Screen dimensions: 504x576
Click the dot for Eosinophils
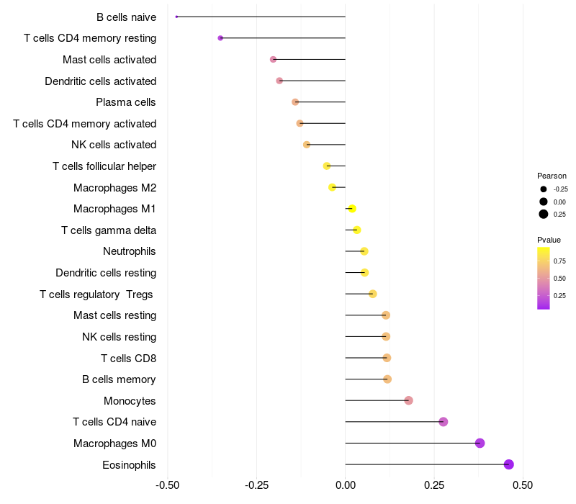[509, 464]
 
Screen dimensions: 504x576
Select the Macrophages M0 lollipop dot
[480, 443]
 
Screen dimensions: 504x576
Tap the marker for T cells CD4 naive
[444, 422]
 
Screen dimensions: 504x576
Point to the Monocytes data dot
[409, 400]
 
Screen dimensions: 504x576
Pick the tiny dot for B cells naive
[176, 17]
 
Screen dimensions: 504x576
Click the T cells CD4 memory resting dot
[220, 38]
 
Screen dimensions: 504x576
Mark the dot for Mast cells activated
[273, 59]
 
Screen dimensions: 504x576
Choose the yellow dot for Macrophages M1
[352, 209]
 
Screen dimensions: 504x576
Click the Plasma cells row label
[126, 102]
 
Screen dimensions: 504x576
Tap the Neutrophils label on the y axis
[130, 251]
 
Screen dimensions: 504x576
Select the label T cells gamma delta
[109, 230]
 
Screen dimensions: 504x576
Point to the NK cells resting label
[119, 337]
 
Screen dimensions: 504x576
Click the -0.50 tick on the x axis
[168, 485]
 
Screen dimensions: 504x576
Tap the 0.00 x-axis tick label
[346, 485]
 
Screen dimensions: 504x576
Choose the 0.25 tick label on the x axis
[434, 485]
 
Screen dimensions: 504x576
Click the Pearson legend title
[552, 176]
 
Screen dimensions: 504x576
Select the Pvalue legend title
[549, 240]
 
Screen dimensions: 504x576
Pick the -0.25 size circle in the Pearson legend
[543, 189]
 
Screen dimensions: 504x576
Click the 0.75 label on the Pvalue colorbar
[559, 261]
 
